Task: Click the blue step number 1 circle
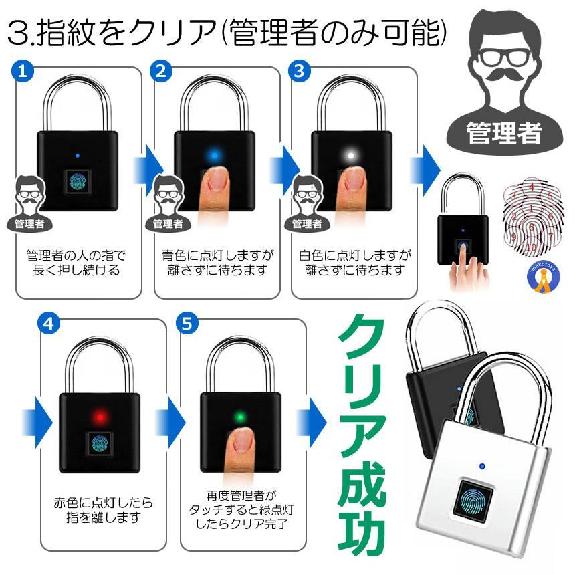pos(23,70)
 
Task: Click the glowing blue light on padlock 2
pos(215,156)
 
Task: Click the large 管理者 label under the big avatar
pos(503,132)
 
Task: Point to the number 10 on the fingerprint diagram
pos(532,247)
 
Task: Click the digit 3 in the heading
pos(18,33)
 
